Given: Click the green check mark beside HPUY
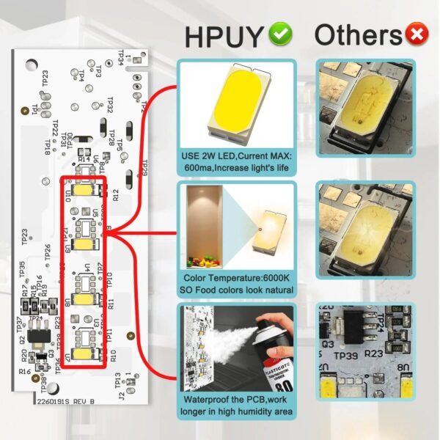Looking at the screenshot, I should (279, 33).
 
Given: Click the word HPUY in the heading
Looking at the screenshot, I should (224, 34).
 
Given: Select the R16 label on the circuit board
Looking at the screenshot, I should (26, 372).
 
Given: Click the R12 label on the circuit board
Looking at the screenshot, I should (114, 194).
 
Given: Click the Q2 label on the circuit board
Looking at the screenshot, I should (23, 340).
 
